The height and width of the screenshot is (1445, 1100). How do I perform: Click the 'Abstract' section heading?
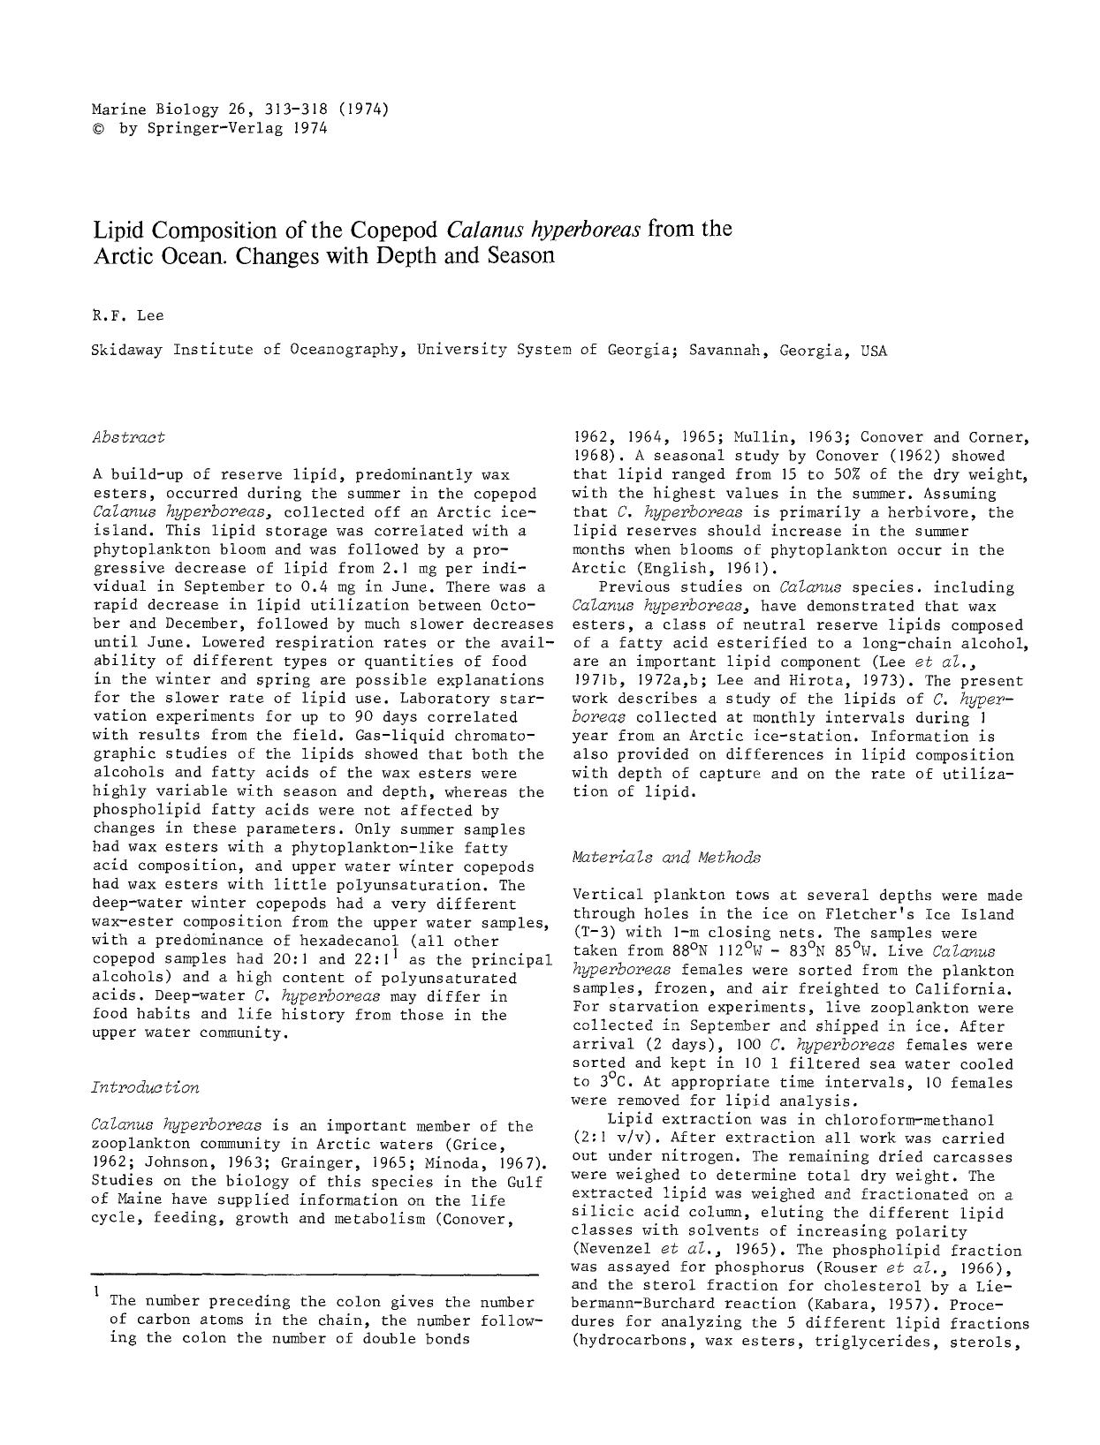[127, 436]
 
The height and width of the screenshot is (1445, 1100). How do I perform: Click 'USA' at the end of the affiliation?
[873, 350]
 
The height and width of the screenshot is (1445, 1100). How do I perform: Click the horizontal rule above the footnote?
[315, 1274]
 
